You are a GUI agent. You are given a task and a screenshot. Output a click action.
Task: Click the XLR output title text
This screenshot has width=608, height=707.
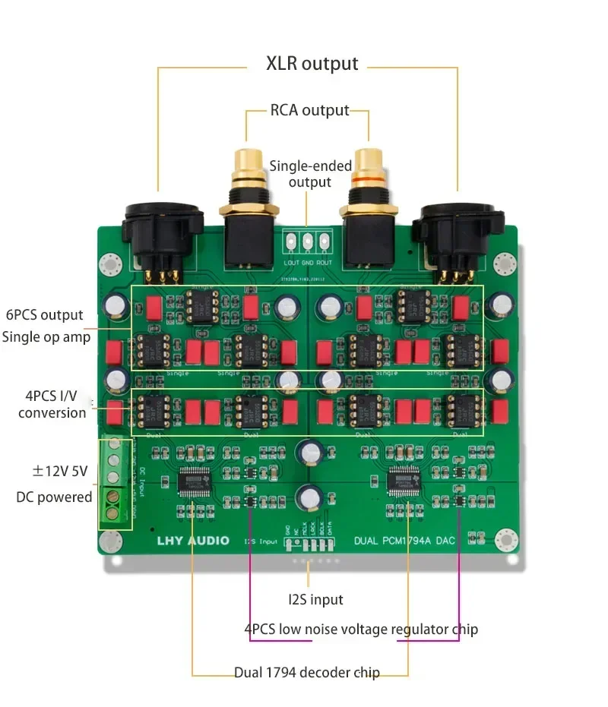coord(312,63)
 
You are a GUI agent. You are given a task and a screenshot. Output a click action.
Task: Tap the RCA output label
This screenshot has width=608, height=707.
coord(309,110)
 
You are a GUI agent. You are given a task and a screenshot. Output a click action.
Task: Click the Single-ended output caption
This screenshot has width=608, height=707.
coord(310,174)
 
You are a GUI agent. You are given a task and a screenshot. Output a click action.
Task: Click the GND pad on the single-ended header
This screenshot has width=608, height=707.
coord(308,242)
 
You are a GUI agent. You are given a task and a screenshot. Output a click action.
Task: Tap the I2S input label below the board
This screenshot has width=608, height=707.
coord(315,600)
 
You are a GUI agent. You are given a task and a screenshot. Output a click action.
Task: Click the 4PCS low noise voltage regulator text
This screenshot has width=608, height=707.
coord(361,630)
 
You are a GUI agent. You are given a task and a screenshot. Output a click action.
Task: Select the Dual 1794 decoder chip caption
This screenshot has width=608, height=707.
coord(307,672)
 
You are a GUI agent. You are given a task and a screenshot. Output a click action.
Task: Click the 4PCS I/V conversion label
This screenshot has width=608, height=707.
coord(52,404)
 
